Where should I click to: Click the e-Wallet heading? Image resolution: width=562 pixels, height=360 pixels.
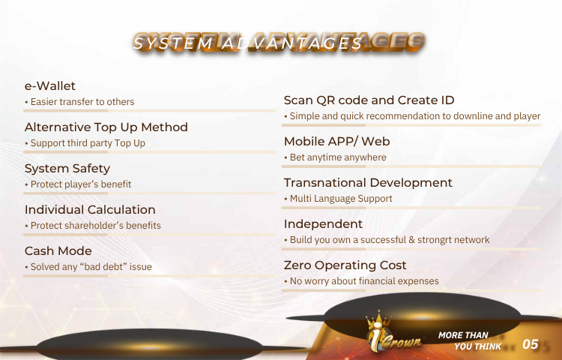click(x=49, y=86)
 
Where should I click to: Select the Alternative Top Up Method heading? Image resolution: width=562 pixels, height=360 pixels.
click(x=106, y=127)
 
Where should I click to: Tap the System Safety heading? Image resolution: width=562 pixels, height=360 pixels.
click(x=67, y=169)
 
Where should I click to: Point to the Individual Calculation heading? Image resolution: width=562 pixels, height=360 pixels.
click(x=90, y=210)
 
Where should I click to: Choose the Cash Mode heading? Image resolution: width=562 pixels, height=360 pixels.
click(x=58, y=251)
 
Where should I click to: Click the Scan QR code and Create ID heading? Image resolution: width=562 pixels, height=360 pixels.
click(x=369, y=100)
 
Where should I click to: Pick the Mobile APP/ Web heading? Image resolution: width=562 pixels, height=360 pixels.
click(x=337, y=142)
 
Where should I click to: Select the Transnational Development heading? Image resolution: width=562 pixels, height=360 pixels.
click(x=368, y=183)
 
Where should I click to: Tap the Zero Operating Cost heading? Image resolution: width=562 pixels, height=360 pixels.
click(x=345, y=265)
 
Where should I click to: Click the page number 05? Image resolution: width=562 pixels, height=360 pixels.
click(x=531, y=344)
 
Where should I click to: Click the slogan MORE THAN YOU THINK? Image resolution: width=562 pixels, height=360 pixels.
click(x=470, y=340)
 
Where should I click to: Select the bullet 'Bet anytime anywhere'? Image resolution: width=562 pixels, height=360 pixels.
click(x=338, y=157)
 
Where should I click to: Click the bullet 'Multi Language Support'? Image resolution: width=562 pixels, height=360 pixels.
click(x=341, y=199)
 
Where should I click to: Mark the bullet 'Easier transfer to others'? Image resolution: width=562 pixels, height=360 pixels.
click(x=82, y=102)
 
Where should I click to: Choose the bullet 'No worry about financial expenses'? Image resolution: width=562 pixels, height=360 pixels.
click(x=364, y=281)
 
